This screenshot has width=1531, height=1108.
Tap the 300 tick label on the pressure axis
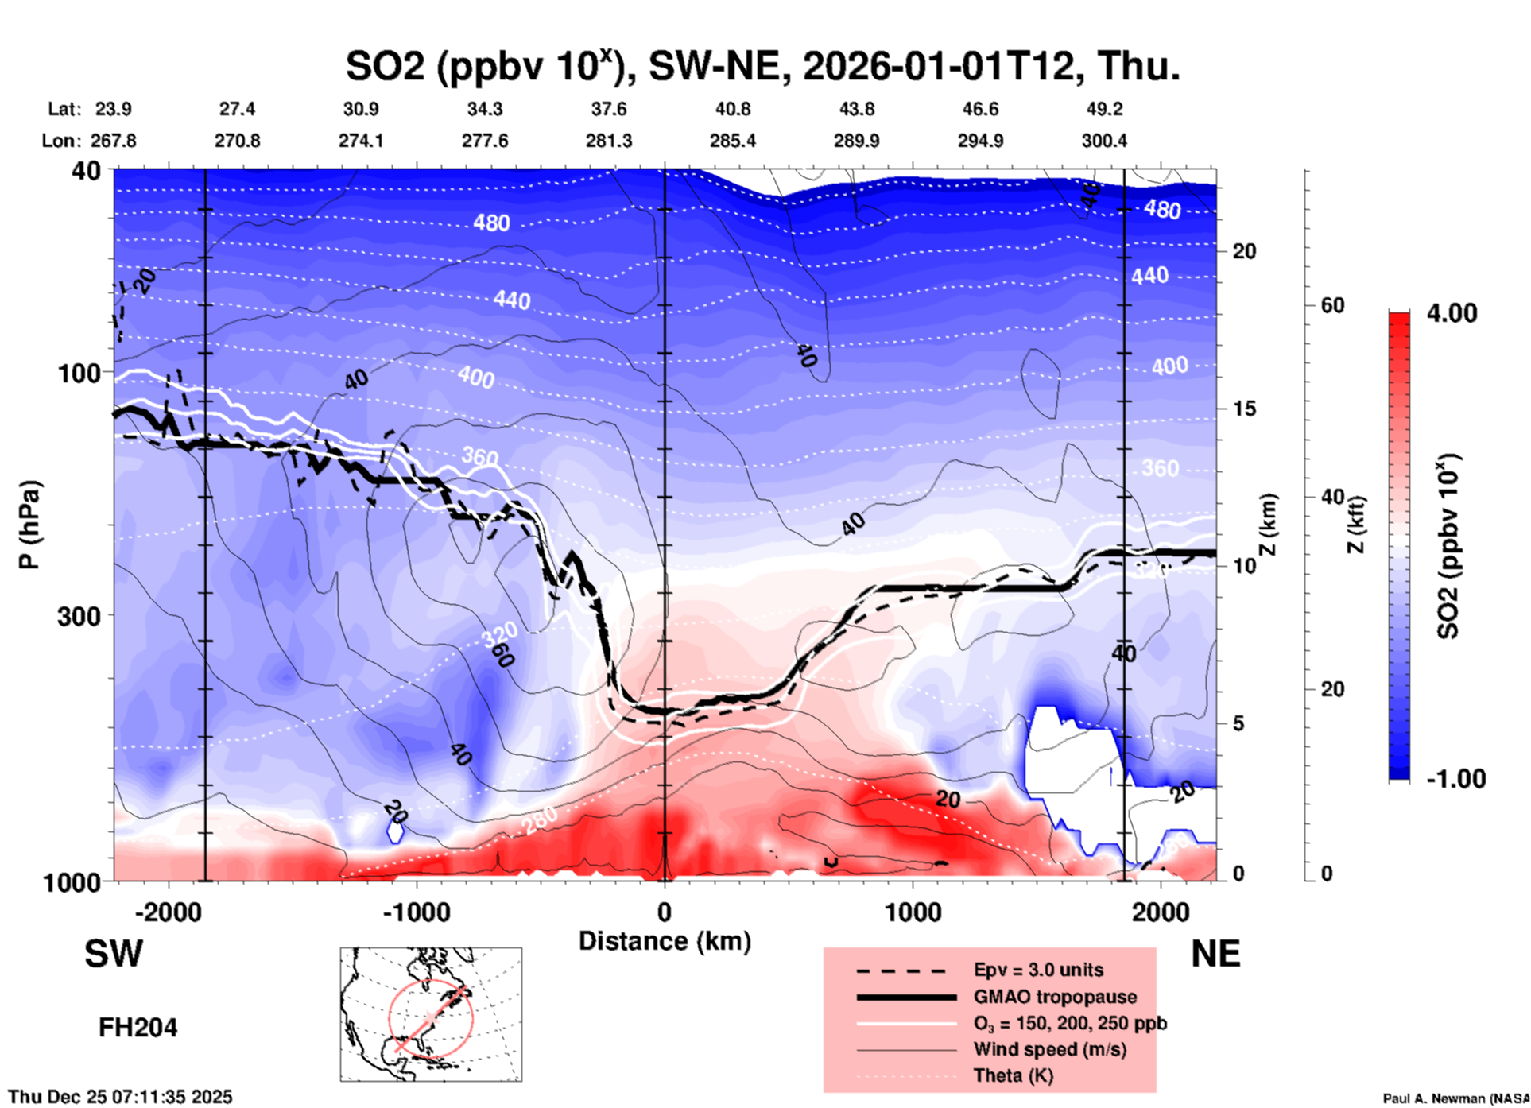click(79, 616)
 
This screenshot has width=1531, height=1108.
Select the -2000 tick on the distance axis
click(169, 912)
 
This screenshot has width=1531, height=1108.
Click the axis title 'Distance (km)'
click(665, 941)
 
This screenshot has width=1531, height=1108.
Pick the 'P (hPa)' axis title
click(29, 525)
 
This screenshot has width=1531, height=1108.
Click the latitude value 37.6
click(608, 109)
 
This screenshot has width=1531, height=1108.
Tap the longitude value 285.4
click(732, 141)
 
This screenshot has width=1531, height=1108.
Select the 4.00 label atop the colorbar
click(1452, 313)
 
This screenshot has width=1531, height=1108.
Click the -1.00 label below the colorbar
click(1455, 779)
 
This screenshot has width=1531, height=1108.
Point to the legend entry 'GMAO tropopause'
click(1055, 997)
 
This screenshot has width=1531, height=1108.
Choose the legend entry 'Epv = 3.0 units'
click(1038, 970)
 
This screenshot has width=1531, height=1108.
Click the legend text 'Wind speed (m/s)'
click(1049, 1049)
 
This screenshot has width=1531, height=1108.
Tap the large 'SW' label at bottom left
click(114, 954)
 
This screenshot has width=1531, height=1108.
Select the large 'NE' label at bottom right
click(1215, 954)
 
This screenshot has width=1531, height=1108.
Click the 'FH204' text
click(138, 1028)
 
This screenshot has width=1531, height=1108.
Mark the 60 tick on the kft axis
click(1332, 306)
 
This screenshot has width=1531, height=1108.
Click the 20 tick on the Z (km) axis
click(1244, 252)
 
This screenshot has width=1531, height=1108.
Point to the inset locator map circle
click(430, 1017)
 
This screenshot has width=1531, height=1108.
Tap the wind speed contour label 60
click(502, 656)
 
